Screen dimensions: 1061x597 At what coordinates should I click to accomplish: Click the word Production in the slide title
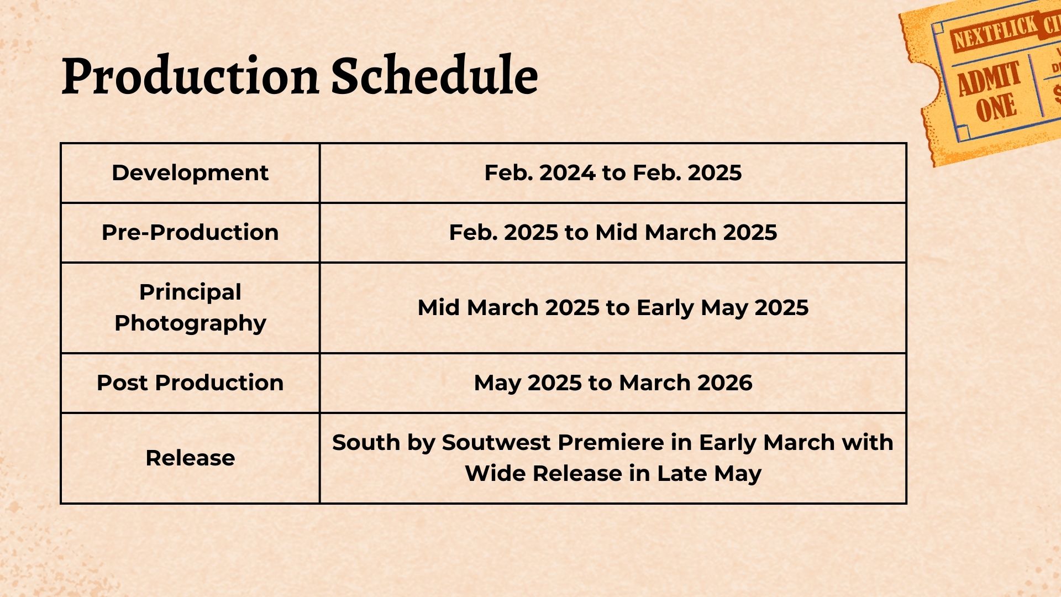(x=190, y=76)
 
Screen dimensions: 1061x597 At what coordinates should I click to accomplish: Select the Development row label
(x=190, y=172)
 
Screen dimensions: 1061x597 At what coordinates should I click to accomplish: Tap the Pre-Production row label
(x=190, y=232)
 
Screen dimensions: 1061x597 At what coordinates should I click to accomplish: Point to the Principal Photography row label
(x=190, y=307)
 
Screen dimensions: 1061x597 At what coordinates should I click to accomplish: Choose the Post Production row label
(x=190, y=383)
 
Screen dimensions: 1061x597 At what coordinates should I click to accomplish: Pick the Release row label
(x=190, y=458)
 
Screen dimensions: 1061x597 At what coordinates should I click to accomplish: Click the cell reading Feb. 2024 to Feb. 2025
(x=613, y=172)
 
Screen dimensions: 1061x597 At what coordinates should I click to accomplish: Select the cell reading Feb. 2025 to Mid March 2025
(x=613, y=232)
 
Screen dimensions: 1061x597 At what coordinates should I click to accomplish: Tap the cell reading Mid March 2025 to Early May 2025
(x=613, y=307)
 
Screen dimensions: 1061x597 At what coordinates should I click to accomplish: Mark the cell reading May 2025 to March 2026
(x=613, y=383)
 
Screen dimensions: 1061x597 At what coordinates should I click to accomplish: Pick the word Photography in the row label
(x=190, y=323)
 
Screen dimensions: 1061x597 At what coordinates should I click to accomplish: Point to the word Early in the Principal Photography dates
(x=665, y=308)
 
